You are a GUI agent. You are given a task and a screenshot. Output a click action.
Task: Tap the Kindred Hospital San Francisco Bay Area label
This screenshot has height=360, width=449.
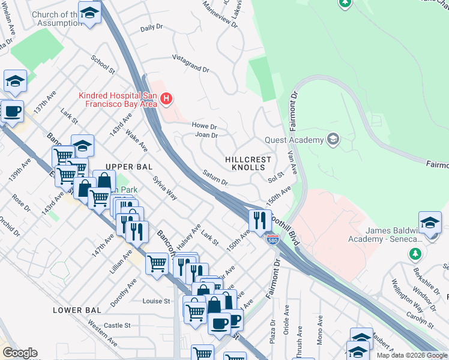click(118, 100)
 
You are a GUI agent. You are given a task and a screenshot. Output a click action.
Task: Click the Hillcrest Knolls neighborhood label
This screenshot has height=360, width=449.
click(248, 164)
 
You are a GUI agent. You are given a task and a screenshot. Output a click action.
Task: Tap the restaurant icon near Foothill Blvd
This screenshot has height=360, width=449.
click(260, 220)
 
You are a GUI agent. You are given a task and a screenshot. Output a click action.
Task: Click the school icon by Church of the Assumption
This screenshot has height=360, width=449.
click(89, 13)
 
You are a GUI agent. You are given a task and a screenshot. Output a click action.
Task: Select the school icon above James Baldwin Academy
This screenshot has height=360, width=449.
click(430, 223)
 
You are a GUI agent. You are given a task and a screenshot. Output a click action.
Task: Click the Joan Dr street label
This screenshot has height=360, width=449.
click(206, 135)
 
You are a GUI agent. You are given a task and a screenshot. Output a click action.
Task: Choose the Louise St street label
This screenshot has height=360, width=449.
click(158, 301)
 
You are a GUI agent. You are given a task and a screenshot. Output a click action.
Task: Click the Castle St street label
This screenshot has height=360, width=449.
click(117, 325)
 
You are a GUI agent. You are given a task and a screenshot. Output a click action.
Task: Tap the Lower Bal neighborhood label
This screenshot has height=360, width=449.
click(76, 310)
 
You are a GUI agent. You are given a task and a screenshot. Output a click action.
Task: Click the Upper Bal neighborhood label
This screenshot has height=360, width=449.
click(127, 166)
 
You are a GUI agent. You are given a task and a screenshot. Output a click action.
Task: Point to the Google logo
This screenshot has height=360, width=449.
click(20, 353)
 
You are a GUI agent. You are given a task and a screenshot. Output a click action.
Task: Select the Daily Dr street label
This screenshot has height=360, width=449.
click(151, 28)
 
